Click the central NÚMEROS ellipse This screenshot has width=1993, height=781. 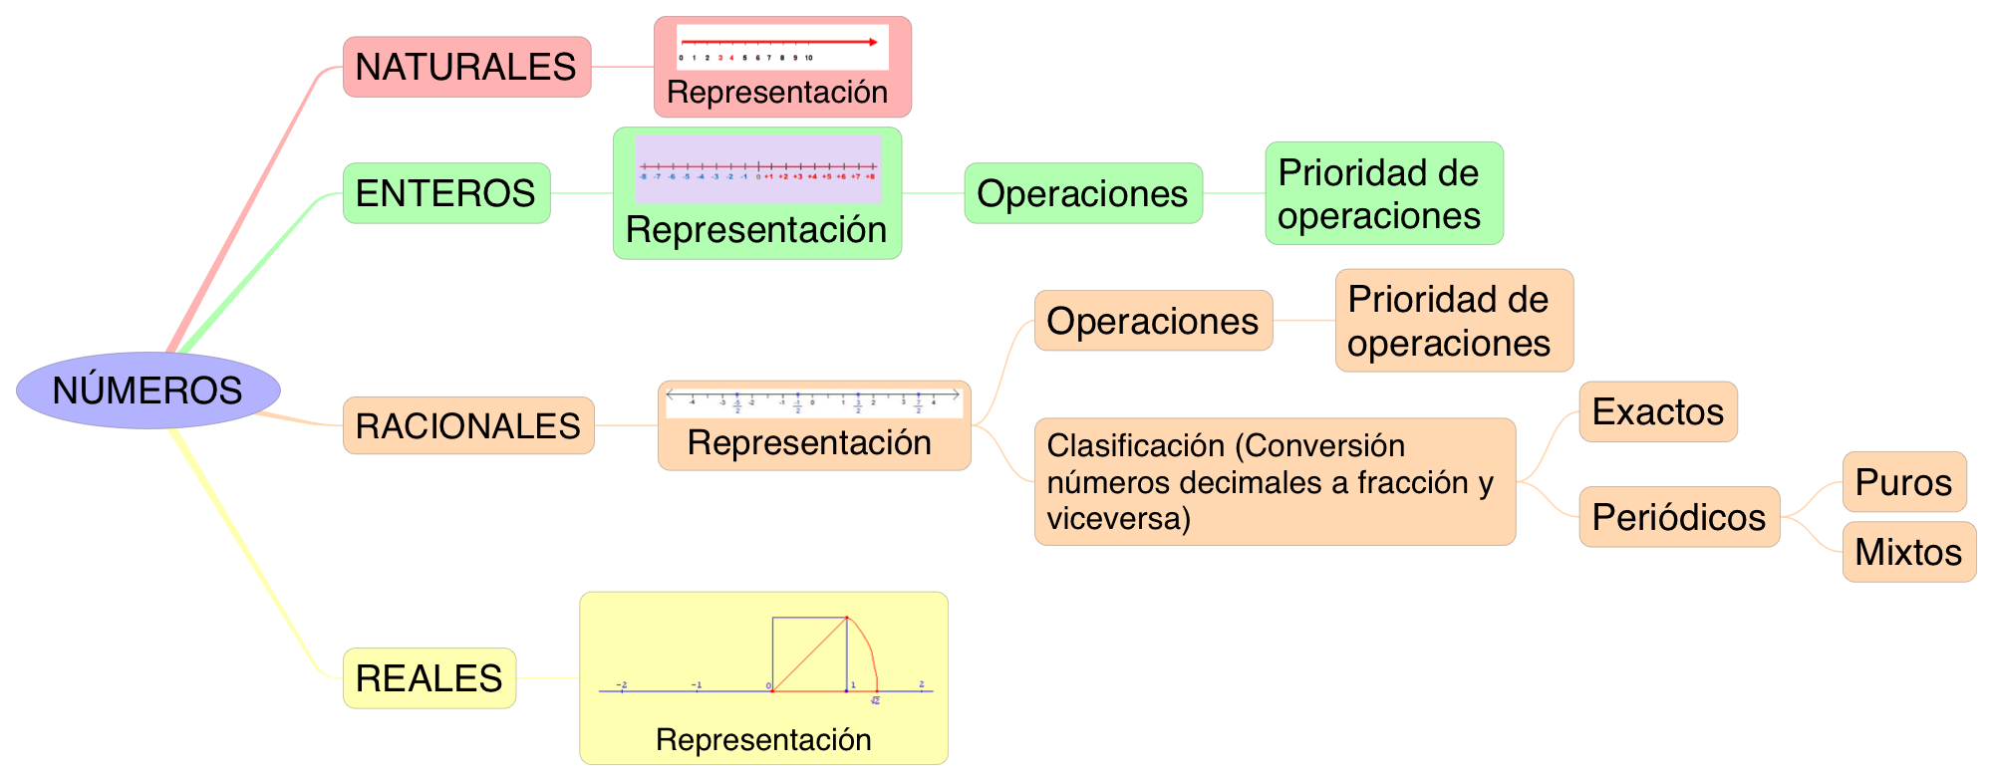pos(147,390)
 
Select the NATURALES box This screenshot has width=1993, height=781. pos(466,67)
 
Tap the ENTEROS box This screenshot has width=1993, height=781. pos(445,193)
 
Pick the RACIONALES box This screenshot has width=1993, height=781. pos(467,425)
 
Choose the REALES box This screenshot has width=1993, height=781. pos(428,678)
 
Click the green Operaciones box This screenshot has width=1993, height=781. pos(1082,193)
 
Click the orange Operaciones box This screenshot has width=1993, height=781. pos(1152,321)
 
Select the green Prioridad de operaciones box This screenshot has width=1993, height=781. pos(1383,193)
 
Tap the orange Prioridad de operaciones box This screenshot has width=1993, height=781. pos(1453,321)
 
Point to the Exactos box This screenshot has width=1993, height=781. pos(1657,411)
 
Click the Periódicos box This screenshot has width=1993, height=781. pos(1678,517)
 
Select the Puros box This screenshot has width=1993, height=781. pos(1903,482)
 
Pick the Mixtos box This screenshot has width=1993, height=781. pos(1908,552)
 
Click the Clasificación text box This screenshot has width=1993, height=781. pos(1274,482)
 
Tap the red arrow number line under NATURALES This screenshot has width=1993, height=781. pos(781,47)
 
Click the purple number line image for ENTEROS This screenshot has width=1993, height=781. pos(757,169)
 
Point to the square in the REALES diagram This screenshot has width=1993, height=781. pos(809,653)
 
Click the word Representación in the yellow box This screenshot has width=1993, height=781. pos(763,740)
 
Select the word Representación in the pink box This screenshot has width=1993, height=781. pos(777,93)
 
